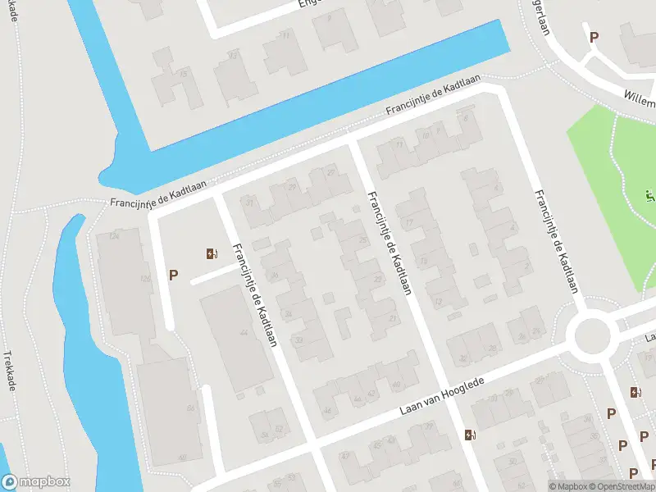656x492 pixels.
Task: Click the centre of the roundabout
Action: click(594, 336)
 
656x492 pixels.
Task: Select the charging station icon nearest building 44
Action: click(212, 254)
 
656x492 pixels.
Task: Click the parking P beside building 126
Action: click(173, 276)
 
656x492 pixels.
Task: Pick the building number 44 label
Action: click(243, 333)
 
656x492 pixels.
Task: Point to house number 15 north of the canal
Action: click(184, 75)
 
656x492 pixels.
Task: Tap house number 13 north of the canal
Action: click(233, 55)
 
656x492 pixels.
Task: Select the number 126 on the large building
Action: click(145, 279)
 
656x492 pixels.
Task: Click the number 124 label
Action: click(114, 237)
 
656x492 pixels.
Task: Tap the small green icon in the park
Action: click(649, 195)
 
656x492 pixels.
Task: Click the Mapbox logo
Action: click(36, 482)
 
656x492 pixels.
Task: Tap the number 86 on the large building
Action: click(190, 408)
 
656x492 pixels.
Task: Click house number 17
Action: click(408, 221)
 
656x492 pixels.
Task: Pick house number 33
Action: click(298, 339)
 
